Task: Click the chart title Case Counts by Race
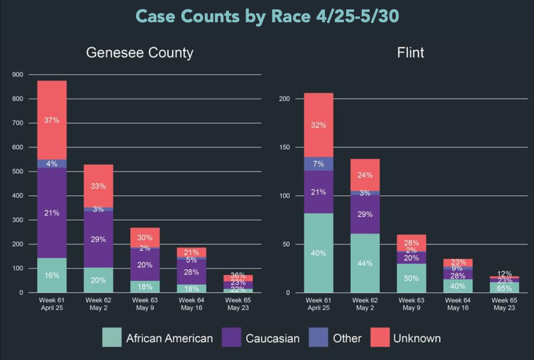coord(267,16)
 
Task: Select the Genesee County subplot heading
coord(139,53)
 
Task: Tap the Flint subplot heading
coord(410,53)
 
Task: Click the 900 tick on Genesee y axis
coord(17,75)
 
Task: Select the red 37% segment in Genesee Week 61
coord(52,120)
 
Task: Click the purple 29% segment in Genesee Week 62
coord(99,239)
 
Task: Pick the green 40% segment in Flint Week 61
coord(319,253)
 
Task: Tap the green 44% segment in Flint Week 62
coord(365,263)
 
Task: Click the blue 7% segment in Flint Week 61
coord(319,164)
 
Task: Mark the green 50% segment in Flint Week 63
coord(412,278)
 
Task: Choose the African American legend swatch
coord(112,337)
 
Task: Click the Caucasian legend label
coord(273,338)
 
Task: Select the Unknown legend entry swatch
coord(380,337)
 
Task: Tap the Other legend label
coord(347,338)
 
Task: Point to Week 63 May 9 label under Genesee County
coord(145,304)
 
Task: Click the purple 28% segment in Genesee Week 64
coord(191,272)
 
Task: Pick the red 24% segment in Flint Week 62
coord(365,175)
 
